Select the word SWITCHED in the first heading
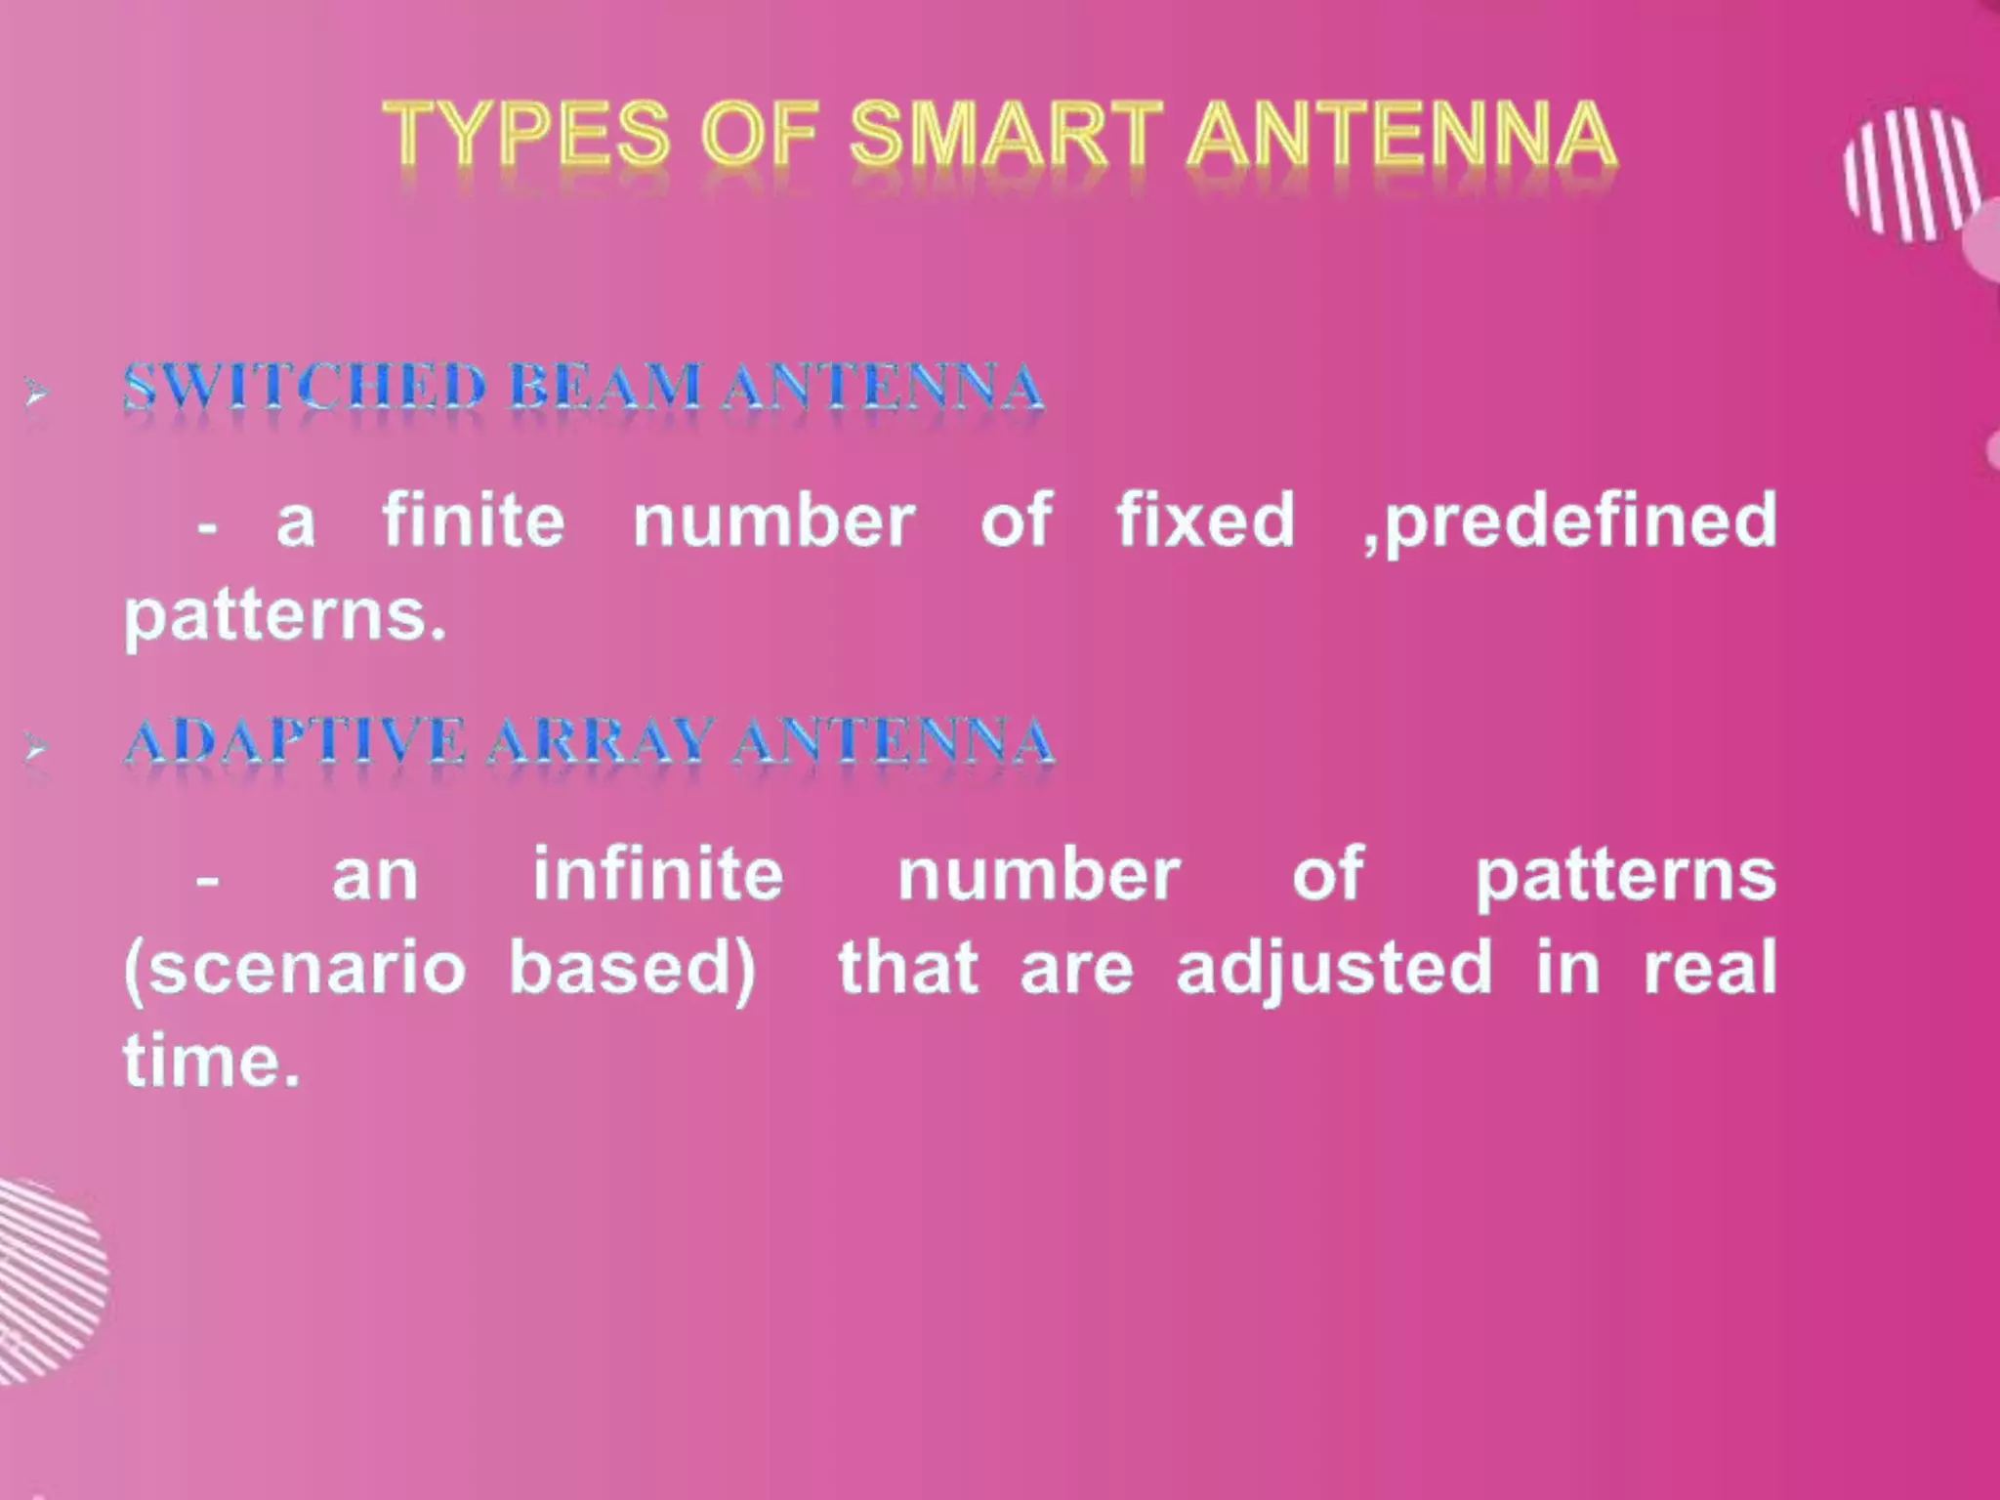click(304, 387)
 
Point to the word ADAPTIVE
click(294, 741)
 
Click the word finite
click(473, 520)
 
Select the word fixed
click(1205, 520)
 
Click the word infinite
click(658, 873)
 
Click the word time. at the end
click(210, 1061)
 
